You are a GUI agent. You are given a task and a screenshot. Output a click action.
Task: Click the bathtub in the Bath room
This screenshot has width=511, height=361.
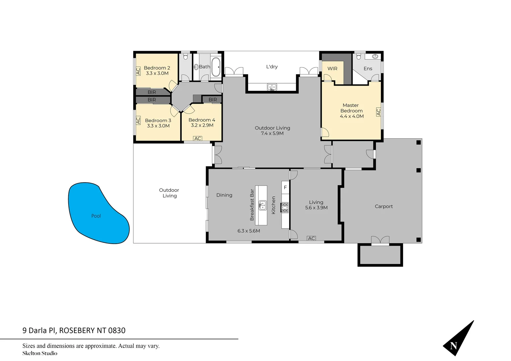click(x=216, y=67)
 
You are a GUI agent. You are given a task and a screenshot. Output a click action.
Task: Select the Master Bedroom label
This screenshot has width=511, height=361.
click(x=351, y=108)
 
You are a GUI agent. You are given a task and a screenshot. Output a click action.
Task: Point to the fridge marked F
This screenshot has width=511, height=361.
click(x=285, y=188)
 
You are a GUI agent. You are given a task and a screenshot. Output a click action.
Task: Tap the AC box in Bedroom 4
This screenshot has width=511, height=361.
click(x=198, y=138)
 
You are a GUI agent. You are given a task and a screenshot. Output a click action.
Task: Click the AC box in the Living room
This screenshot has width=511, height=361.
click(x=311, y=238)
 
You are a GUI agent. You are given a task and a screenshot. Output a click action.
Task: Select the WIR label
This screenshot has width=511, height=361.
click(x=332, y=69)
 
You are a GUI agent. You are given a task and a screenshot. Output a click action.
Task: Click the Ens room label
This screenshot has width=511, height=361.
click(x=368, y=69)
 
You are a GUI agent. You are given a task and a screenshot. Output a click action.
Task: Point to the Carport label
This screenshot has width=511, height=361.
click(x=384, y=207)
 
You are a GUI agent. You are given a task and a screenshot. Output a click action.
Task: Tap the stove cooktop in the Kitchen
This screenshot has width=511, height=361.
click(x=285, y=208)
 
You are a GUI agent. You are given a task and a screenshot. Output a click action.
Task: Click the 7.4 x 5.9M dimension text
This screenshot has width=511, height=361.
click(x=272, y=133)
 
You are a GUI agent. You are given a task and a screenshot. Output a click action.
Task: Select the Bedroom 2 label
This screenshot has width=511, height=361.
click(x=157, y=68)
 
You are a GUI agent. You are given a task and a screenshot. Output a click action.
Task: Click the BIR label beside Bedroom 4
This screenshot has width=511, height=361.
click(x=213, y=100)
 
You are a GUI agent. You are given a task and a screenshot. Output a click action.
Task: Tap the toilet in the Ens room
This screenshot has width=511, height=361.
click(x=359, y=57)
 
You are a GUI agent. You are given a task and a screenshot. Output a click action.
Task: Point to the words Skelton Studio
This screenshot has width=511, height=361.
click(x=40, y=353)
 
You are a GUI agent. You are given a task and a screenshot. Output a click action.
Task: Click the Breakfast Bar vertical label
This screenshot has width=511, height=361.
click(x=252, y=205)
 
